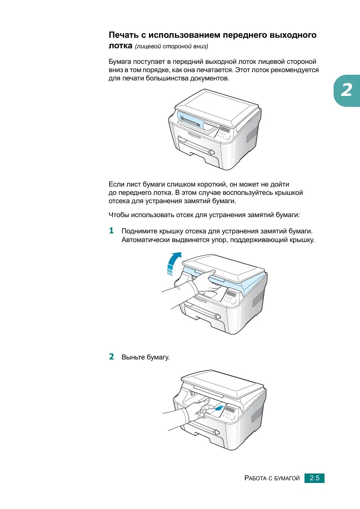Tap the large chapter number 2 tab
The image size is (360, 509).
coord(347,91)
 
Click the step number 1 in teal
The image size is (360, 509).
coord(111,231)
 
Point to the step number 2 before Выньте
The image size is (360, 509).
coord(111,356)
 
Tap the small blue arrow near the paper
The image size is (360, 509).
coord(219,408)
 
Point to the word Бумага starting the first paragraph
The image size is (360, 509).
coord(120,62)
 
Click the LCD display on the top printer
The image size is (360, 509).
coord(225,129)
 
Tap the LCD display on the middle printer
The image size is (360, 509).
coord(231,293)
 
